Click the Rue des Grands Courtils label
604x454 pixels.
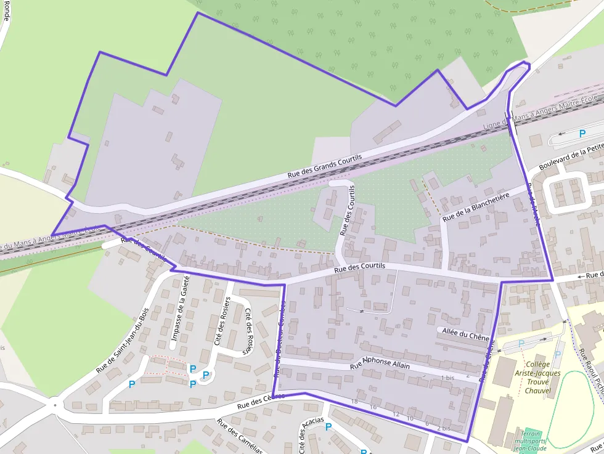[324, 167]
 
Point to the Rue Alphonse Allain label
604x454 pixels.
[380, 363]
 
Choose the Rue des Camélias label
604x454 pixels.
[239, 436]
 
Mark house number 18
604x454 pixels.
[354, 401]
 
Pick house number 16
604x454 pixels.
[373, 407]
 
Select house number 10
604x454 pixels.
[410, 418]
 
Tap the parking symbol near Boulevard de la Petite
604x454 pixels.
[582, 133]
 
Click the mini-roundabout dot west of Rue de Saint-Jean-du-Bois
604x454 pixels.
[55, 405]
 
